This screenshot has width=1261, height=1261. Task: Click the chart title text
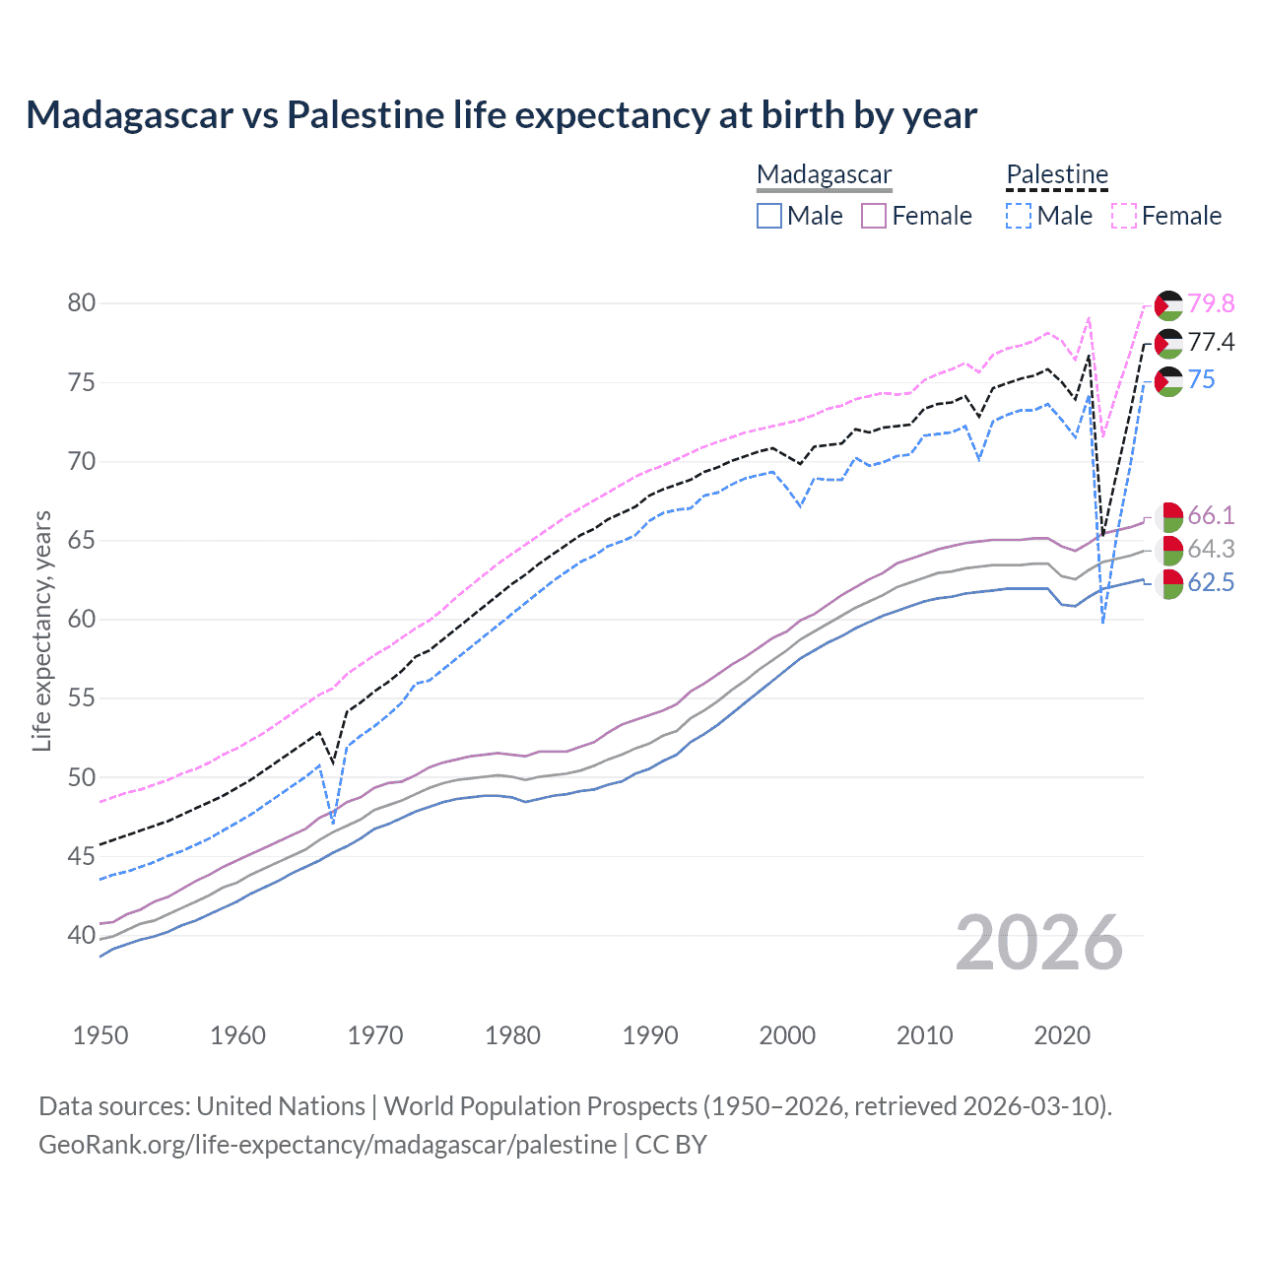point(501,115)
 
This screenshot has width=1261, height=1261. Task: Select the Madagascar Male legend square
point(769,216)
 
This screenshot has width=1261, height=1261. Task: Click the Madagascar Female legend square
point(874,216)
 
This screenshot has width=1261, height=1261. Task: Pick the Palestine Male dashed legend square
point(1019,216)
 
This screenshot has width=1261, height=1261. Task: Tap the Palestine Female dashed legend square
point(1124,216)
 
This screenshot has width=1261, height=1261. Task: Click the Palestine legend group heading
point(1057,174)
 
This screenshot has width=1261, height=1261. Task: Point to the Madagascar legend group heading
point(825,174)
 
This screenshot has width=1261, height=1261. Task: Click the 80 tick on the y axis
point(82,303)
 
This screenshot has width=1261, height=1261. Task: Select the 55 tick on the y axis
point(82,698)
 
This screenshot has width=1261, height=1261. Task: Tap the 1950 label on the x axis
point(100,1035)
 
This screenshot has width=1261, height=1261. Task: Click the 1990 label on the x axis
point(650,1035)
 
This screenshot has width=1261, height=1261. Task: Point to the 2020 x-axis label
point(1062,1035)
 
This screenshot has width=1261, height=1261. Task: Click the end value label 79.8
point(1211,304)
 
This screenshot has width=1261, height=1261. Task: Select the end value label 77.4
point(1211,342)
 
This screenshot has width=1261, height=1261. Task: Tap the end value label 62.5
point(1211,582)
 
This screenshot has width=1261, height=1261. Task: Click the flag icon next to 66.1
point(1168,516)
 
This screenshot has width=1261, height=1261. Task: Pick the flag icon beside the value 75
point(1168,381)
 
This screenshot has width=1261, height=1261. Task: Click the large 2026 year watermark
point(1039,944)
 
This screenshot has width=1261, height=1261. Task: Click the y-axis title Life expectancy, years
point(41,630)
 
